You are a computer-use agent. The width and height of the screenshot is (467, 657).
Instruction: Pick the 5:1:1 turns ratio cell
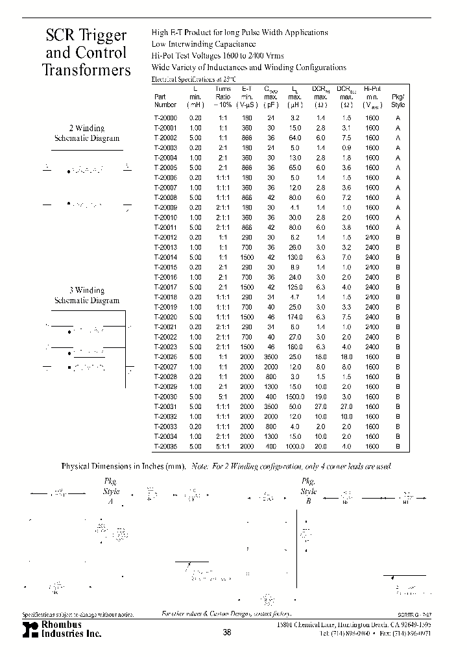coord(222,447)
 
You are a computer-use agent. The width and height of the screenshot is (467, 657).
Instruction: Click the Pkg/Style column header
coord(398,100)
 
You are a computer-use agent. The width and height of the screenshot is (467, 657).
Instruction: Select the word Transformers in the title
coord(86,70)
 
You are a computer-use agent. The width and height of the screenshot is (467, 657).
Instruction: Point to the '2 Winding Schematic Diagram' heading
coord(86,133)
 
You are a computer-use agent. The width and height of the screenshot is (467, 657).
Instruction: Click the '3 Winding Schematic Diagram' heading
coord(86,295)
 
